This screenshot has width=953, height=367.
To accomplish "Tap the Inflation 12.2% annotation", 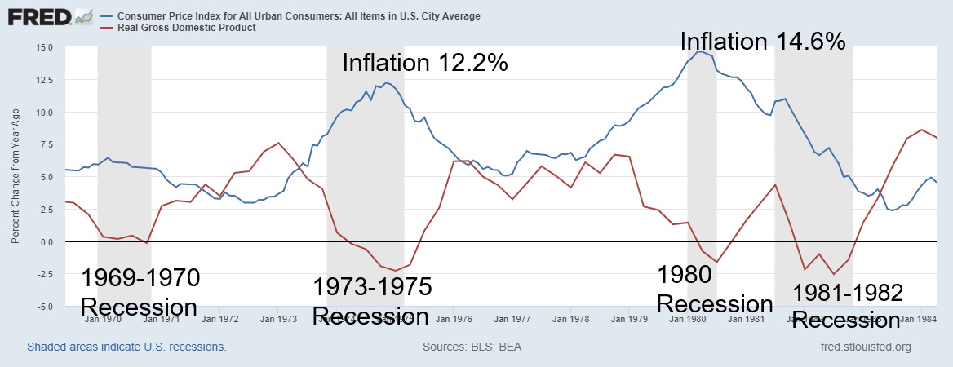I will click(x=424, y=63).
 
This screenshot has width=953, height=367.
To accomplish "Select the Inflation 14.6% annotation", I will click(x=762, y=41).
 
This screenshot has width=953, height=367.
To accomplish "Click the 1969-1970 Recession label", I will click(x=140, y=292).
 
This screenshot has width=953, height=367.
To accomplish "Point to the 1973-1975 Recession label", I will click(x=371, y=300).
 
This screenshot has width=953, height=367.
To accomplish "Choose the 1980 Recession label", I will click(x=714, y=289).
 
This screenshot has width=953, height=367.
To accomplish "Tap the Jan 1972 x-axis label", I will click(x=220, y=320).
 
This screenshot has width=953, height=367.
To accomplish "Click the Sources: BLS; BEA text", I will click(x=472, y=347).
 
